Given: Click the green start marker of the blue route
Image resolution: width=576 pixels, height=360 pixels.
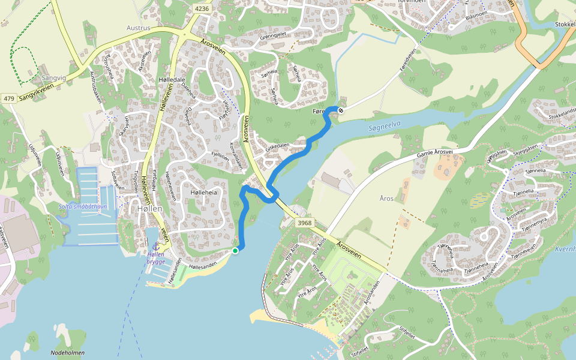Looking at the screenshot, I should [x=235, y=250].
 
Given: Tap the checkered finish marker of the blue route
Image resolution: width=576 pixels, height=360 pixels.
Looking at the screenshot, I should [x=340, y=110].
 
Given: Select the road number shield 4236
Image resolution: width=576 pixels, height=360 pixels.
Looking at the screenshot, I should [x=202, y=8].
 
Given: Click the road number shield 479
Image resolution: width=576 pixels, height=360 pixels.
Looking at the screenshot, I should [x=8, y=98].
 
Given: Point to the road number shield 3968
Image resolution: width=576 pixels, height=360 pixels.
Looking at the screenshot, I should [x=305, y=223].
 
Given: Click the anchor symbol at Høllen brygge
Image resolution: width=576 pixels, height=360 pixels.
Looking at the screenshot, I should [x=155, y=246].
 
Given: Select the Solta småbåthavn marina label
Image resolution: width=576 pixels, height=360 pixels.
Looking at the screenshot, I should [x=82, y=206].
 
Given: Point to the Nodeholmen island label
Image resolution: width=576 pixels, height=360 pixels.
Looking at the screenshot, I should [x=68, y=353].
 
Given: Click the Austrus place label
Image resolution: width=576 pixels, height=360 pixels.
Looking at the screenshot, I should [x=138, y=28].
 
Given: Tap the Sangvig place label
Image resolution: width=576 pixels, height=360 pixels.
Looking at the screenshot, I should [x=54, y=77].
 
